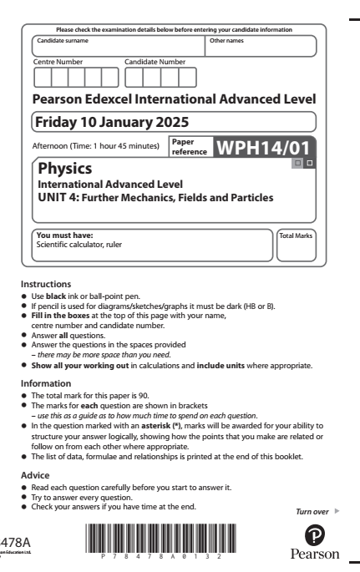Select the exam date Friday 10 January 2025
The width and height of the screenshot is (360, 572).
(x=110, y=124)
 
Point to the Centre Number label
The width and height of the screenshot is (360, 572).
(x=58, y=62)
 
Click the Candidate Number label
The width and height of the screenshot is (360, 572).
(x=155, y=62)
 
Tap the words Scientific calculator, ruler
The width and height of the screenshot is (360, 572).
(x=78, y=246)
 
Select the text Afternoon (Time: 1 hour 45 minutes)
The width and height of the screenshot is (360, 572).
(x=96, y=148)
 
